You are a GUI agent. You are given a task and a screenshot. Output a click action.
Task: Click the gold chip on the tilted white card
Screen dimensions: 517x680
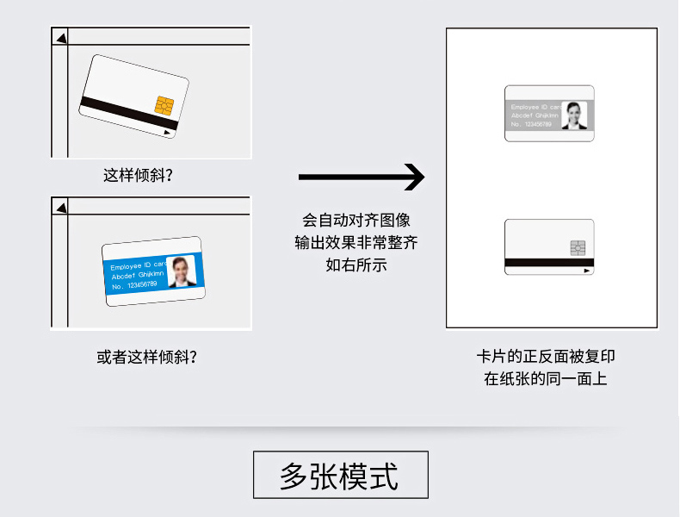point(164,105)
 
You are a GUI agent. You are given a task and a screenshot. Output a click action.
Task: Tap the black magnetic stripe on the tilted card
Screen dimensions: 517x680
point(129,113)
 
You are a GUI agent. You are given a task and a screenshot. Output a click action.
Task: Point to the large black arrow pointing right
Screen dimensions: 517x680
point(362,177)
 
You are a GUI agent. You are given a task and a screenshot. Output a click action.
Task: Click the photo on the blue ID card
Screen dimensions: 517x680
point(183,271)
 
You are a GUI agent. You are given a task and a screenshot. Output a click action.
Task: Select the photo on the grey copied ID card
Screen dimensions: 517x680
point(575,115)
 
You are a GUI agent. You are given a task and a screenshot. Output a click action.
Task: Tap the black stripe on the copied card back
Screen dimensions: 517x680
point(548,262)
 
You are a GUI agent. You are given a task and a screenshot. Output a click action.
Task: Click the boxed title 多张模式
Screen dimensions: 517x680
point(340,475)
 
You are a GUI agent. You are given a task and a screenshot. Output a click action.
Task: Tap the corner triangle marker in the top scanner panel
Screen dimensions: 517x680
point(60,36)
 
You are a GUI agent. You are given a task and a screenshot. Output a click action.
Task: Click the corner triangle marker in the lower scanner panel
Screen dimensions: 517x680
point(60,207)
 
